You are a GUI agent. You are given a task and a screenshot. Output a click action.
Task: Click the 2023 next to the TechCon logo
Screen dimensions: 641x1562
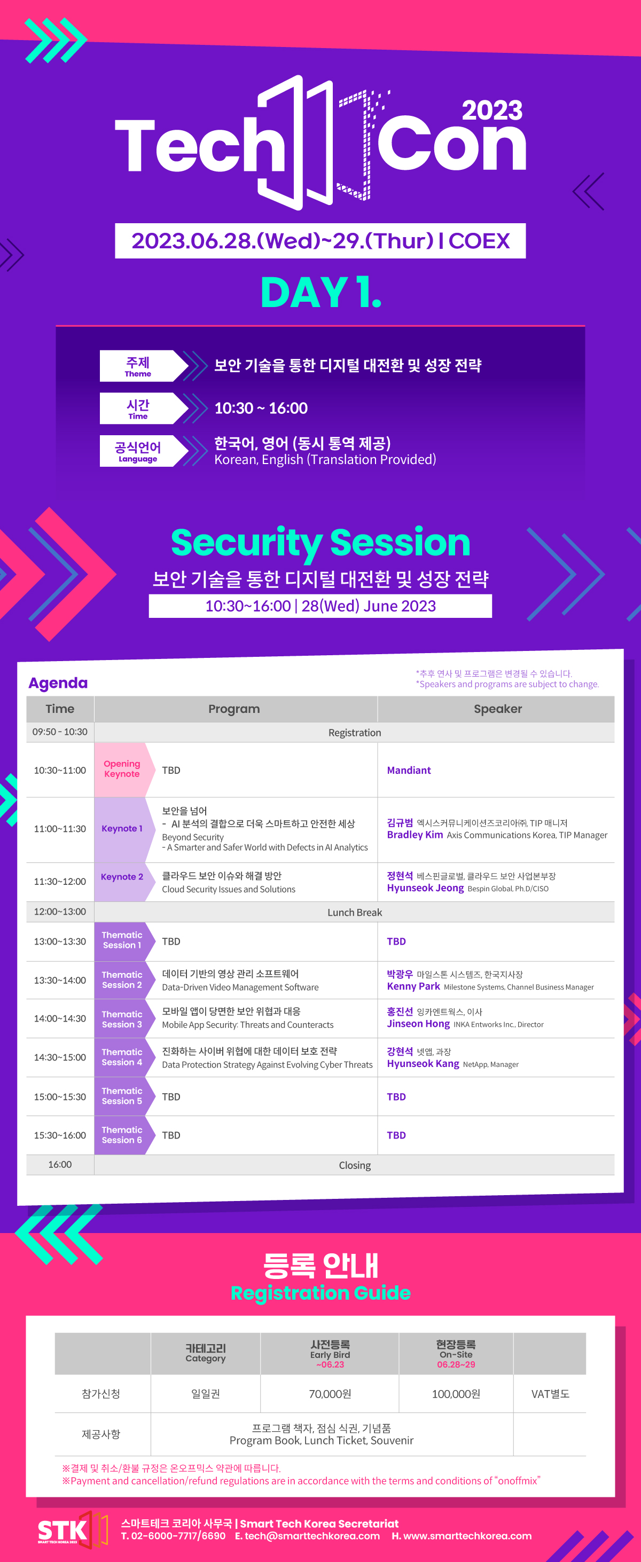(x=492, y=111)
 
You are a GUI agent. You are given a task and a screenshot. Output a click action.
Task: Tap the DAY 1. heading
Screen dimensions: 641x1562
(x=321, y=292)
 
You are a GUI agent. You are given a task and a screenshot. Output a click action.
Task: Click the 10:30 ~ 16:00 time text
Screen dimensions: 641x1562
(x=261, y=408)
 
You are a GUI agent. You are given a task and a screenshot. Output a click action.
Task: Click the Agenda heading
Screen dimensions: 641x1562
(x=58, y=683)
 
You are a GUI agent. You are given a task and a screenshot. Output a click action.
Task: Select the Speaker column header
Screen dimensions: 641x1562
(x=497, y=709)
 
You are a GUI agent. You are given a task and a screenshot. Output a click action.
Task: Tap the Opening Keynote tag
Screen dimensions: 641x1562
(x=121, y=769)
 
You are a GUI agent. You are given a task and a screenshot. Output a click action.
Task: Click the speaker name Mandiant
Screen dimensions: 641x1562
(x=409, y=770)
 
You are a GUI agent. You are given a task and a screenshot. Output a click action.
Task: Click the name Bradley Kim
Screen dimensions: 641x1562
(x=415, y=835)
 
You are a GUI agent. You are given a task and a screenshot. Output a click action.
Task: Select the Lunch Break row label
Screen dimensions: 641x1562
(x=355, y=913)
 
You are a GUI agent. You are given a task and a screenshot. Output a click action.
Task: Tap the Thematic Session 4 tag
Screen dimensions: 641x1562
(x=122, y=1057)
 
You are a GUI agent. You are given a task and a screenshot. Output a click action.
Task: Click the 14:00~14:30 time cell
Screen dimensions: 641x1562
(x=60, y=1019)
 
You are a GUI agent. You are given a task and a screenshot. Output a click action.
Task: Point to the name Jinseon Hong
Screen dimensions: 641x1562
(x=418, y=1024)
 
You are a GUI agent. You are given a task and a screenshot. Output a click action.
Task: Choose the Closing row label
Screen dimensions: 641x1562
(x=355, y=1165)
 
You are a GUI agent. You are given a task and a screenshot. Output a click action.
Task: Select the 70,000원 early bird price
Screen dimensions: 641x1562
(x=330, y=1393)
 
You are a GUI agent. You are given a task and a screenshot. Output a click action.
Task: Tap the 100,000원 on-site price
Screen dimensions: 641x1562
(x=456, y=1393)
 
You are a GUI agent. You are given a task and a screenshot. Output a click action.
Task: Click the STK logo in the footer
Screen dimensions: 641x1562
(x=72, y=1530)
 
